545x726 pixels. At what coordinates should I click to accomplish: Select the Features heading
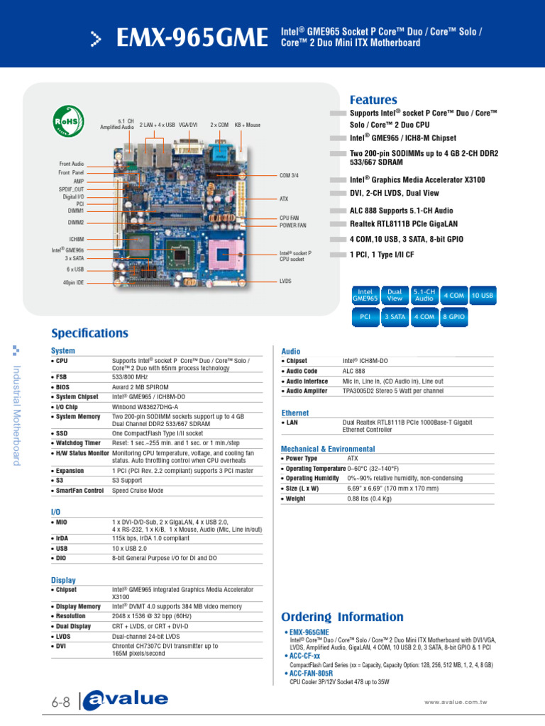tap(373, 100)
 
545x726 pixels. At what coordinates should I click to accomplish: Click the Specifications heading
tap(89, 333)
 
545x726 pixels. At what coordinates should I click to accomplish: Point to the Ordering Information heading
tap(342, 617)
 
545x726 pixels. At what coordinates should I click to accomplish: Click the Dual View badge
tap(394, 295)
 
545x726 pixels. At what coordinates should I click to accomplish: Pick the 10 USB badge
tap(483, 295)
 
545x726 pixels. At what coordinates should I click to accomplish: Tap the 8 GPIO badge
tap(453, 318)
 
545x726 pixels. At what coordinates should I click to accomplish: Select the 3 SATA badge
tap(395, 318)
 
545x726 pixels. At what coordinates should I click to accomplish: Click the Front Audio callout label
tap(71, 164)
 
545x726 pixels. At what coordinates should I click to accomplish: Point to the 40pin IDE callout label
tap(73, 283)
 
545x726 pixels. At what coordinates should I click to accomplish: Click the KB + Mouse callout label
tap(248, 125)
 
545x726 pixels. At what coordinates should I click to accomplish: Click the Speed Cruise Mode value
tap(138, 491)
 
